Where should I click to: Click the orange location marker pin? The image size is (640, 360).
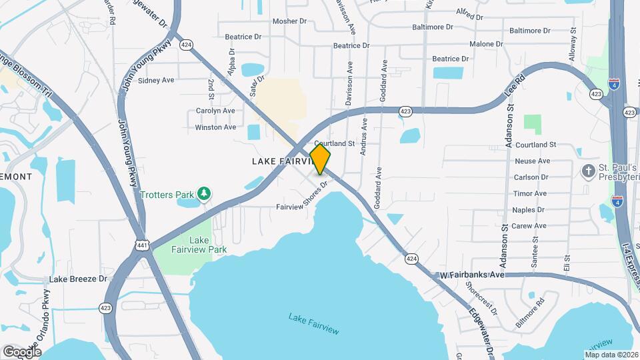pos(320,159)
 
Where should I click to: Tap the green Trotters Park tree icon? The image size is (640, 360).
pos(205,194)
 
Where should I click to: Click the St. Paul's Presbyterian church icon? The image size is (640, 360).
pos(588,171)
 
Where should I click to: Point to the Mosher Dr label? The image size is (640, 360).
pos(289,21)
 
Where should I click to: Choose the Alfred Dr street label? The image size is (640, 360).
pos(473,12)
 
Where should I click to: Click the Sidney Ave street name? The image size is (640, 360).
pos(156,80)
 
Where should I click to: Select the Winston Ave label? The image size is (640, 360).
pos(215,127)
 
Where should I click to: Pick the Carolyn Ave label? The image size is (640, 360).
pos(215,111)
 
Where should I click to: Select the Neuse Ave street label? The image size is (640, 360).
pos(532,161)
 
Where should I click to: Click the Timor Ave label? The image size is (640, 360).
pos(530,193)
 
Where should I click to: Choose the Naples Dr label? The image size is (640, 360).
pos(529,209)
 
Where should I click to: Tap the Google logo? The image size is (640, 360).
pos(22,351)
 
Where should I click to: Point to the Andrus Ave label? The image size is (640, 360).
pos(364,137)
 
